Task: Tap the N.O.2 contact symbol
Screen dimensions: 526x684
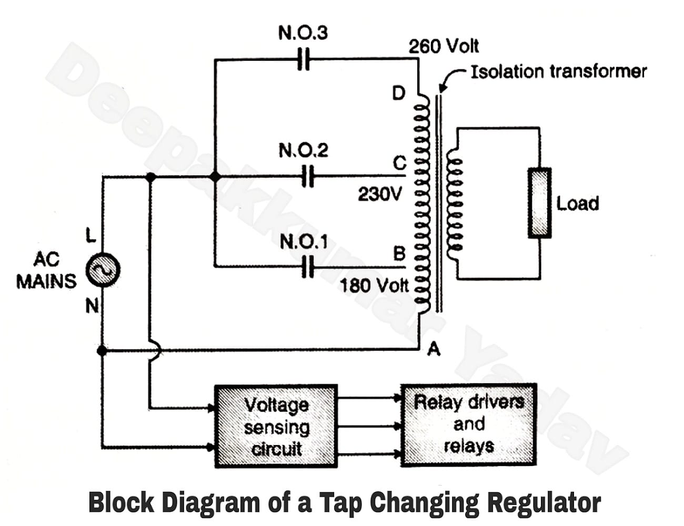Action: [x=308, y=176]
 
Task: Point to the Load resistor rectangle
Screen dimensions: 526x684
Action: [x=540, y=203]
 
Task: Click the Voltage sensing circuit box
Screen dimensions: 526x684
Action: [x=276, y=426]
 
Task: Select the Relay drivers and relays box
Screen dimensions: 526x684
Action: [x=469, y=425]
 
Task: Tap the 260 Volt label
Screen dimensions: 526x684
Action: [x=444, y=46]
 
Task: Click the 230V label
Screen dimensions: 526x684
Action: [x=379, y=194]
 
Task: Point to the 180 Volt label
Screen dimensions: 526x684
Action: [x=374, y=286]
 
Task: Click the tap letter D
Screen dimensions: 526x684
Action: [x=399, y=93]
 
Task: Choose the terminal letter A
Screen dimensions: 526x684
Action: [x=433, y=348]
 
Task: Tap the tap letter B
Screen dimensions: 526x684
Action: [x=399, y=254]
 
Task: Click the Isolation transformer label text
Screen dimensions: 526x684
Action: [x=558, y=71]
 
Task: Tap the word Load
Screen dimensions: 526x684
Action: [x=578, y=203]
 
